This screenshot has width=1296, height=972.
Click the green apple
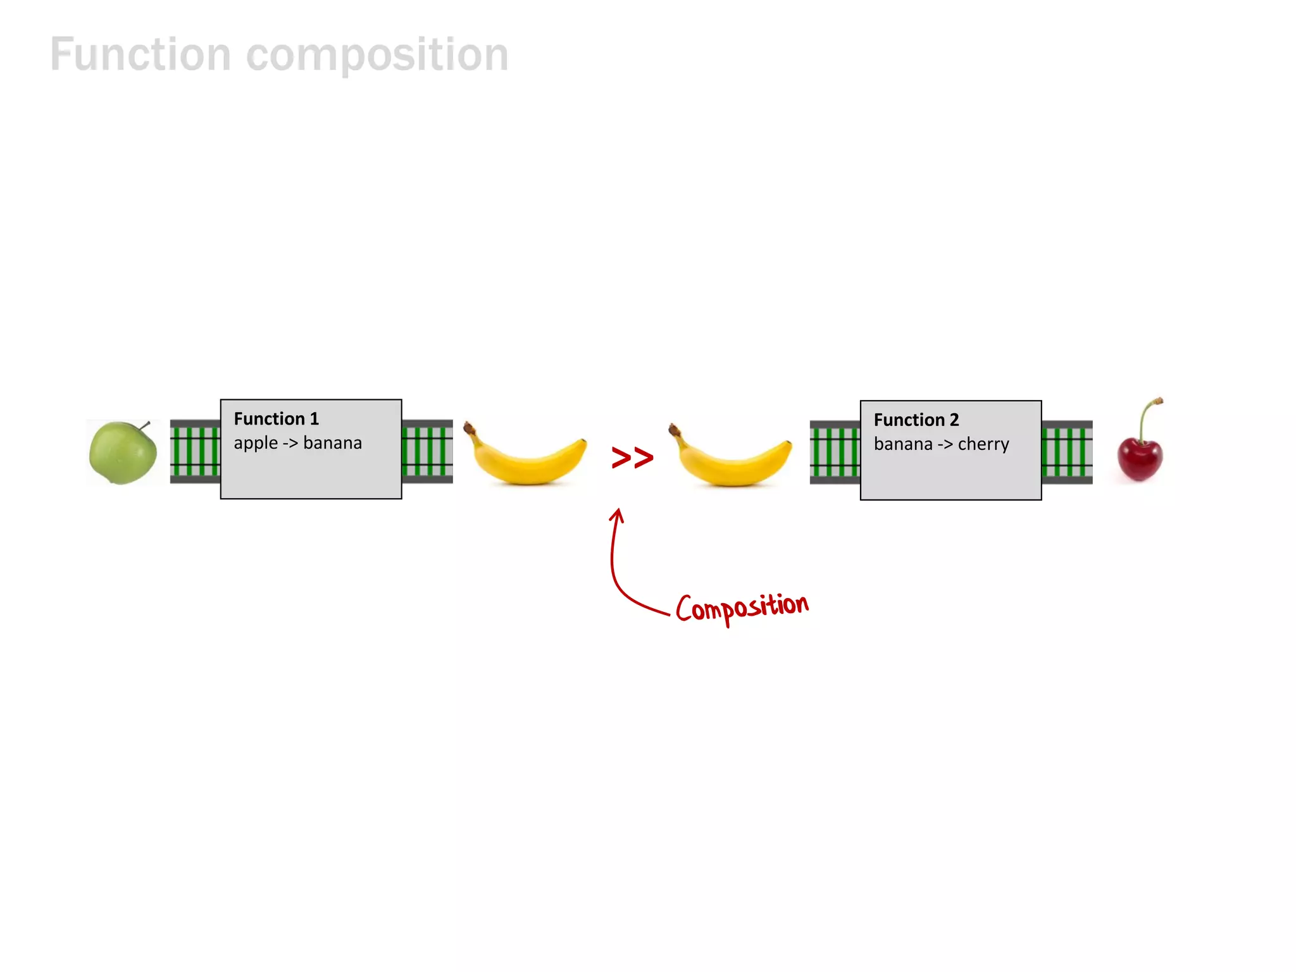tap(122, 453)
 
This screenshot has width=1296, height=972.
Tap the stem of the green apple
tap(145, 425)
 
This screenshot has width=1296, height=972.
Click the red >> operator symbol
tap(632, 457)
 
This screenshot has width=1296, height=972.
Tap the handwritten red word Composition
tap(742, 607)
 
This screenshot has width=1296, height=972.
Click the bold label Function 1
tap(276, 419)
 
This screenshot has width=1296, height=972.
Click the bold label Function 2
tap(916, 420)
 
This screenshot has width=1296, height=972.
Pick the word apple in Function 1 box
tap(255, 443)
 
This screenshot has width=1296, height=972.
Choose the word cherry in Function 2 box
tap(983, 444)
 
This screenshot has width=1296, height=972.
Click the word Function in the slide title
tap(140, 56)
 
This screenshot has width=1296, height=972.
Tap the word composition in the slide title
tap(377, 56)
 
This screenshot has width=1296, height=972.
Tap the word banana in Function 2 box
tap(903, 444)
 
